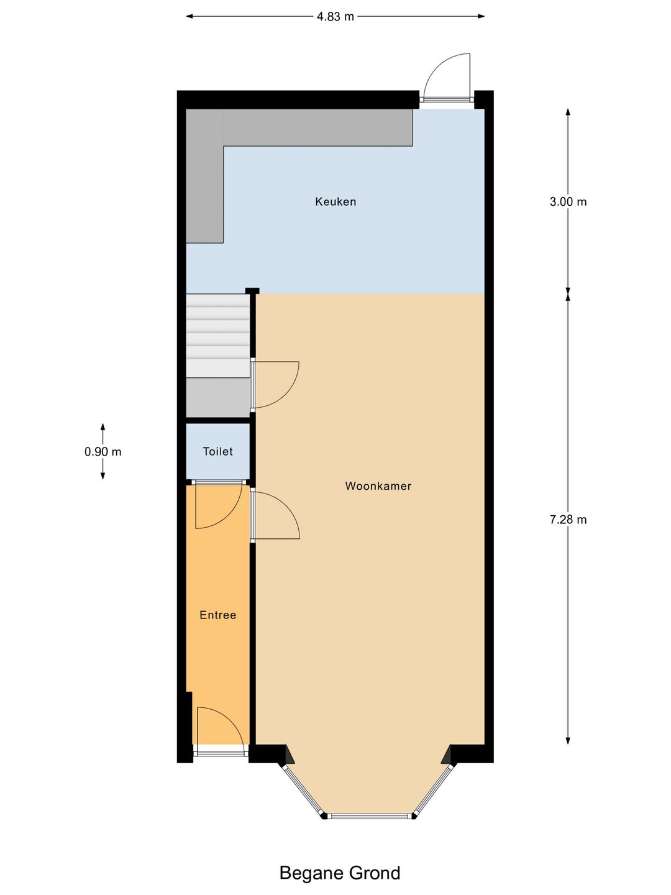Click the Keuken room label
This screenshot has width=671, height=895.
click(335, 201)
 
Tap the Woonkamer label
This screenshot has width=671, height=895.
click(378, 486)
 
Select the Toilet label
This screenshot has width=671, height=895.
click(217, 452)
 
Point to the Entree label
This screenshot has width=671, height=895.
click(217, 615)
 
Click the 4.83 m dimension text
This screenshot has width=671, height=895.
click(335, 17)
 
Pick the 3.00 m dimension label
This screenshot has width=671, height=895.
click(568, 202)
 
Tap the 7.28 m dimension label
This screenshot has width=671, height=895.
click(568, 520)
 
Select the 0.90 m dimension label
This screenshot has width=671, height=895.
click(103, 452)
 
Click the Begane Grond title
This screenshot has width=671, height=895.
click(339, 873)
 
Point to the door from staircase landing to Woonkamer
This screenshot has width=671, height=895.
click(273, 384)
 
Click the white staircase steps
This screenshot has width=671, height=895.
click(217, 336)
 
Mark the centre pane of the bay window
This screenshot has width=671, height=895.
click(370, 815)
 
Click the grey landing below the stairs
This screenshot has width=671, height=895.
click(217, 398)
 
